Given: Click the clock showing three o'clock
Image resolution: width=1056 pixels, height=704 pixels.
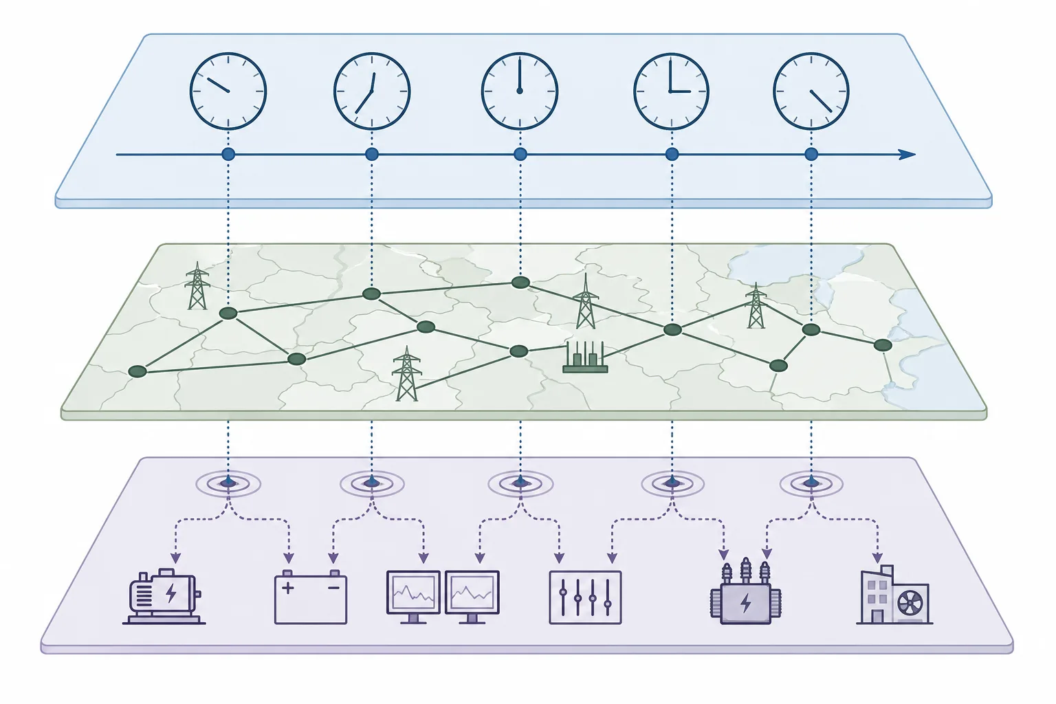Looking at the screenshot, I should point(670,91).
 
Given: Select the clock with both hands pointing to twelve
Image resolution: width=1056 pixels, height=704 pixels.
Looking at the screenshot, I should point(520,91).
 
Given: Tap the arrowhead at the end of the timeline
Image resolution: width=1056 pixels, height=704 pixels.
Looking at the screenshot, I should point(908,155).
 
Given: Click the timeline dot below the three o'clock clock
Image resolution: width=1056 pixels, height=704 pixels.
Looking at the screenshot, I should point(672,154).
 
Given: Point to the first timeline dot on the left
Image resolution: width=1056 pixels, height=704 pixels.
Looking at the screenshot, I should point(228,154).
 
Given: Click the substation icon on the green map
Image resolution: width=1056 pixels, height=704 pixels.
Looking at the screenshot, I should point(585,359).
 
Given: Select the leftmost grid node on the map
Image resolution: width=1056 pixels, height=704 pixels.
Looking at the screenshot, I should point(138,371).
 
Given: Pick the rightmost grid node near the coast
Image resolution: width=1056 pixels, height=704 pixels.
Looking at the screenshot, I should point(883,344).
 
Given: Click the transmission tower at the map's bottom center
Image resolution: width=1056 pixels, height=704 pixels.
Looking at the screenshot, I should point(406,375).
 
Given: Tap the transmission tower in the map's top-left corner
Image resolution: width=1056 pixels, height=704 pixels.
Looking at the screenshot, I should point(197,287).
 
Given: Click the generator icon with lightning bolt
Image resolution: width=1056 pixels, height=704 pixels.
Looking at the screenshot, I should point(164,596).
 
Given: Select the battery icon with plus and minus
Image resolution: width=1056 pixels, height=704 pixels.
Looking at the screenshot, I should point(311,597).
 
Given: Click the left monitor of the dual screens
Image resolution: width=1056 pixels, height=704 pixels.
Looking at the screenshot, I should point(413,593).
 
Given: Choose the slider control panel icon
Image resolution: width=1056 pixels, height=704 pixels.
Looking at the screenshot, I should point(585,597).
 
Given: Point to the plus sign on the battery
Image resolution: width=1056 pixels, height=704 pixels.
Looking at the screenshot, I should point(288,588).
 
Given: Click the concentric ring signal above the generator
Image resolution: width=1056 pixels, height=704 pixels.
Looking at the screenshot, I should point(228,483).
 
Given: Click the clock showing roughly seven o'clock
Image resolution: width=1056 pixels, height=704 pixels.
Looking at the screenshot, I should point(372,91).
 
